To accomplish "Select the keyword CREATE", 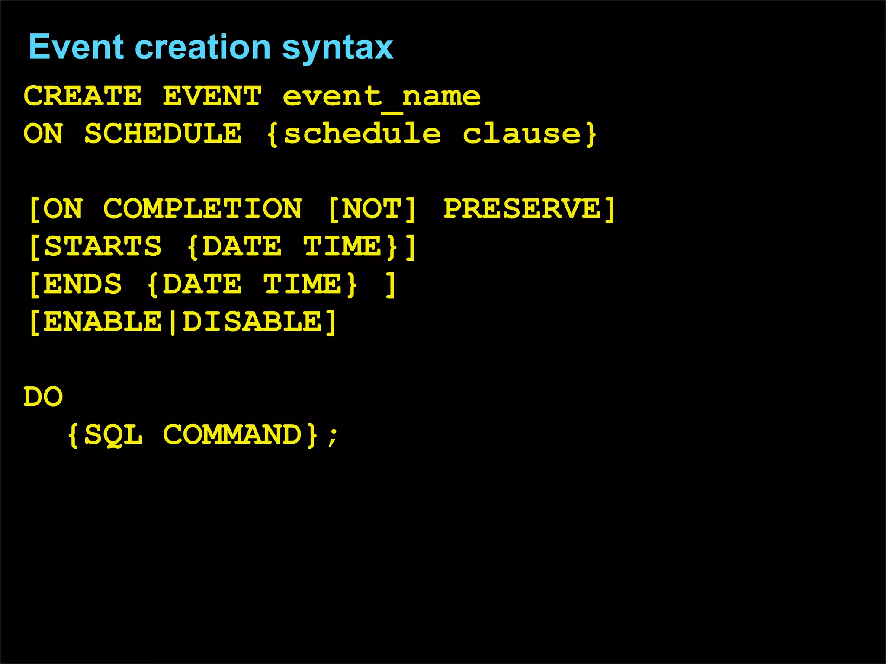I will [83, 96].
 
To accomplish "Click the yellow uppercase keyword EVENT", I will [212, 96].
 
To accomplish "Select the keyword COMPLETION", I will [202, 209].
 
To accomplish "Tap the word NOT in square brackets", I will [372, 209].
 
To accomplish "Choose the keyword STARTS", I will [103, 246].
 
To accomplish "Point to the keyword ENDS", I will [83, 284].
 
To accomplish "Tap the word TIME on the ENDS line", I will [302, 284].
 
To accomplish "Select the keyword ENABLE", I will [103, 322].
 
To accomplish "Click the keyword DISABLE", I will [252, 322].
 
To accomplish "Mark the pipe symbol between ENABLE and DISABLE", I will [173, 322].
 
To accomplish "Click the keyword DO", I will [43, 397].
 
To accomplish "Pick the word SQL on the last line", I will [113, 434].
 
